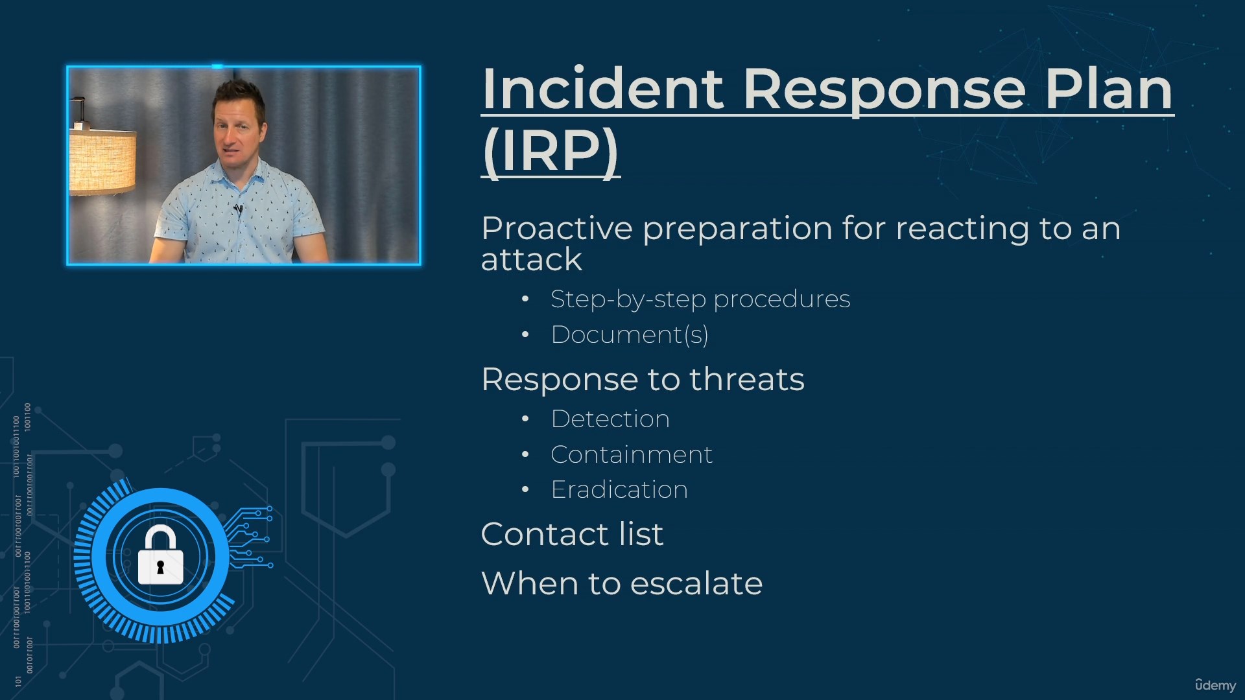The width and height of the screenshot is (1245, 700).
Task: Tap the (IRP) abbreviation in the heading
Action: point(551,151)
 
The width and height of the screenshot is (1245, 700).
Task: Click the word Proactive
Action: point(557,228)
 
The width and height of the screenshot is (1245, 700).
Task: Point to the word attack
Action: point(532,260)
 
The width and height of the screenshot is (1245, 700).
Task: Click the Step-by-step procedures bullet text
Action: point(700,299)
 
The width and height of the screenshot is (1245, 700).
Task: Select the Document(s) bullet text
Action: point(630,334)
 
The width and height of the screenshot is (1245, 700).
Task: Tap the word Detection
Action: point(610,419)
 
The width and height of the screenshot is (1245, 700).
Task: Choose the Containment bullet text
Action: point(632,454)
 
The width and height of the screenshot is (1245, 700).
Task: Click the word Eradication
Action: point(619,489)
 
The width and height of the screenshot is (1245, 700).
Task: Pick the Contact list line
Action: point(573,534)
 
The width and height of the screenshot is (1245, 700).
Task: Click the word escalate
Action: point(696,583)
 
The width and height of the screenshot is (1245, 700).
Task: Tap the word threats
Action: point(746,379)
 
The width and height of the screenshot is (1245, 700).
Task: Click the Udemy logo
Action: point(1215,684)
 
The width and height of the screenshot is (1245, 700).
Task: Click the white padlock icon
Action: point(160,555)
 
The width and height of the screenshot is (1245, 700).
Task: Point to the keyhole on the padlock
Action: point(160,567)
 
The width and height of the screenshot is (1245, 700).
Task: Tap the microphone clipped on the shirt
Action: point(238,209)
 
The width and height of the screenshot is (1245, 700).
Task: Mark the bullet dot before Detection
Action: point(525,419)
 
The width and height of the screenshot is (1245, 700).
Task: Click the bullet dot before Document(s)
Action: point(525,335)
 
